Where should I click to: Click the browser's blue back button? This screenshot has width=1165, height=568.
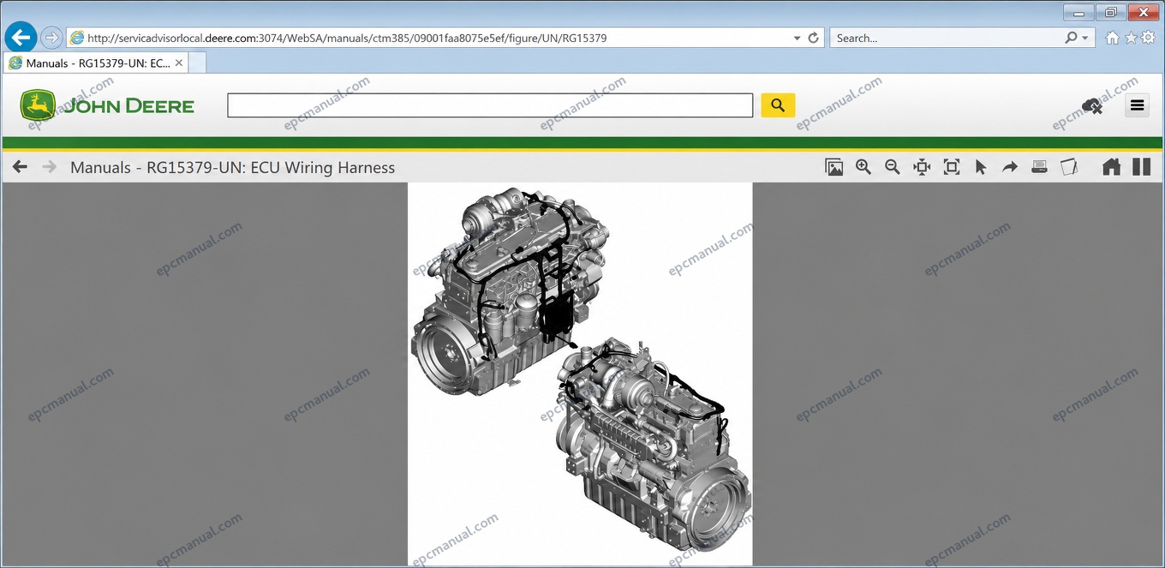coord(21,38)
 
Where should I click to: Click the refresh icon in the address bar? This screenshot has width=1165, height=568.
coord(814,38)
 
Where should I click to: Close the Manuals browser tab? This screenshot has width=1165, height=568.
coord(179,63)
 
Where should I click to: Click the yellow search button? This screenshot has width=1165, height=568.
coord(778,105)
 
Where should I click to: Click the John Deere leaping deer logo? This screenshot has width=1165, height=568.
coord(38,105)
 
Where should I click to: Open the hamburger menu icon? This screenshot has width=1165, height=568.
coord(1137,105)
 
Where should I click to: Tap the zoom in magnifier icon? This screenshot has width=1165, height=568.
coord(863,167)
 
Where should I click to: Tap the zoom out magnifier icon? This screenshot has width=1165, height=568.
coord(893,167)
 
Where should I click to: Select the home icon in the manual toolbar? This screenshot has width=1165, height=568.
coord(1111,167)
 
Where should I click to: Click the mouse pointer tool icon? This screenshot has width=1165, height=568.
coord(981,167)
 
